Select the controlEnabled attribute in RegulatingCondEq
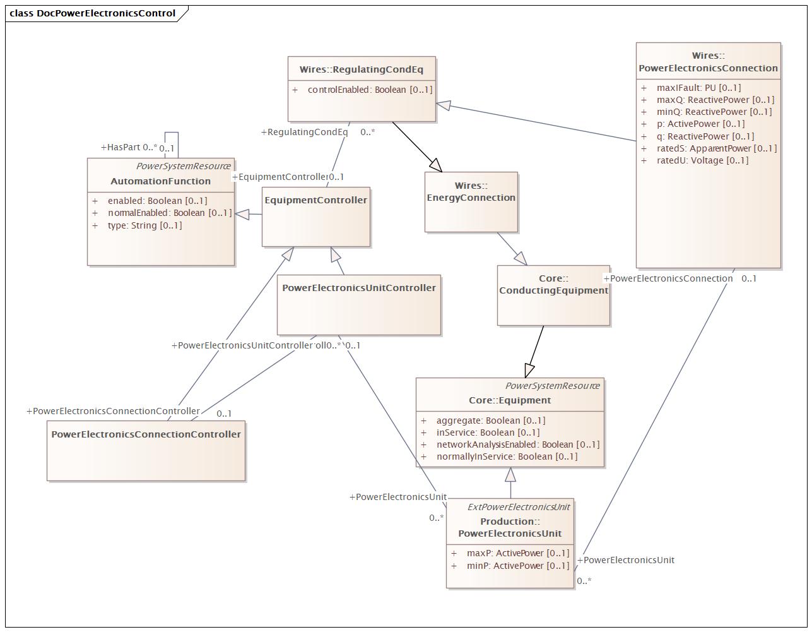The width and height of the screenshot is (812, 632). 370,90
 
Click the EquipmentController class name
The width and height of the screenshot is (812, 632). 315,200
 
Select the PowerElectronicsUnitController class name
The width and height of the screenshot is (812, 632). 358,288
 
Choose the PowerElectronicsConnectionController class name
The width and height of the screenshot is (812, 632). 146,434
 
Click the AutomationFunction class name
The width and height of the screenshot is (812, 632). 160,181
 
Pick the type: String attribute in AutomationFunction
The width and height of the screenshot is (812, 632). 144,225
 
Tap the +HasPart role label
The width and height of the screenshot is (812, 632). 124,147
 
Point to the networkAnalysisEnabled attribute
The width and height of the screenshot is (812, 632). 517,444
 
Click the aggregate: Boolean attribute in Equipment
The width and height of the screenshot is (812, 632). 490,420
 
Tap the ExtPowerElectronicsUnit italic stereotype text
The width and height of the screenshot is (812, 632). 518,507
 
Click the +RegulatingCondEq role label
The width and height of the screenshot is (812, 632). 304,132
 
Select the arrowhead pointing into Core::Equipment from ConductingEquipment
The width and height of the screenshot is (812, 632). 529,370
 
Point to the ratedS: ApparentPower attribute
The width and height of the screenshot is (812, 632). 716,148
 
